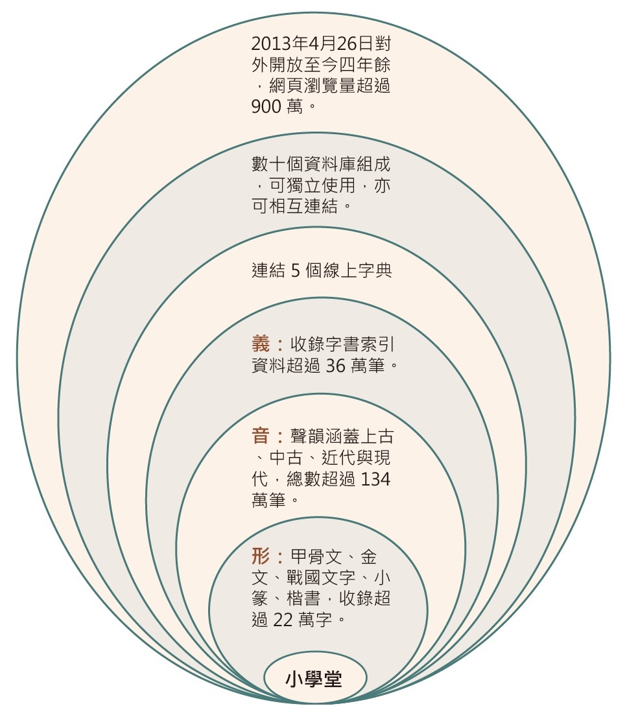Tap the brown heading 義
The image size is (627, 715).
(260, 344)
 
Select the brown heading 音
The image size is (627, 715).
(260, 436)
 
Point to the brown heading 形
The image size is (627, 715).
(260, 557)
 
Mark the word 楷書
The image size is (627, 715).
(301, 598)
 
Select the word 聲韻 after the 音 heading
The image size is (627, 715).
(299, 436)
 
